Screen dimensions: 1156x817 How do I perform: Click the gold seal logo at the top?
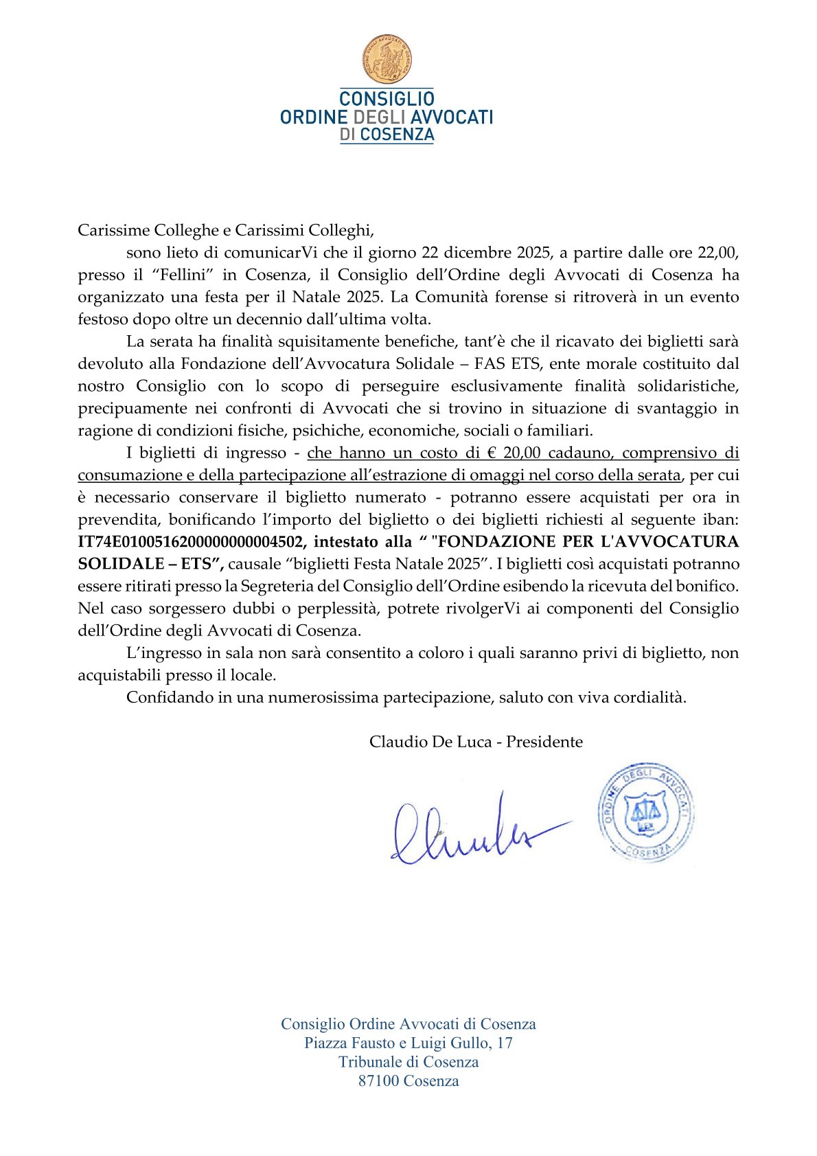click(387, 60)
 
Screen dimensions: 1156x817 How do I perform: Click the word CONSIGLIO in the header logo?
click(387, 99)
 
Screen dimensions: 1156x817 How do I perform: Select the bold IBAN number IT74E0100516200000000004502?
click(191, 542)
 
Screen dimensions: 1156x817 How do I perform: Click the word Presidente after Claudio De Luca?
click(544, 742)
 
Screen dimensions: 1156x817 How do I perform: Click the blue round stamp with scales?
click(645, 811)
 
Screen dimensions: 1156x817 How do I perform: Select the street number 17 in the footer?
click(505, 1043)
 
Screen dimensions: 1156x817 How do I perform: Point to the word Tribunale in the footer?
click(368, 1062)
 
